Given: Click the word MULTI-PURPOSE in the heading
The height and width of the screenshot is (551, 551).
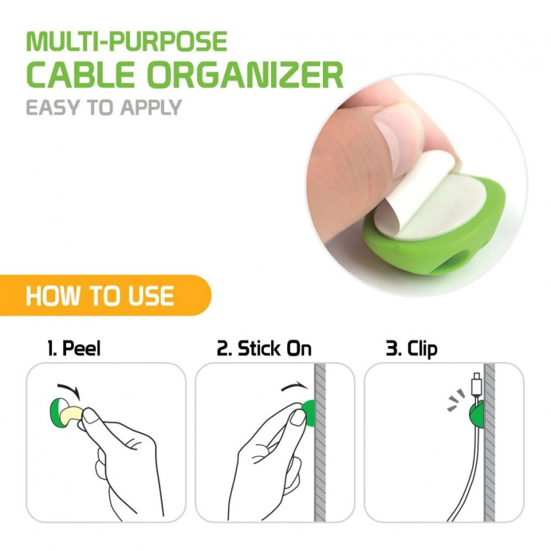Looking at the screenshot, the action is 126,42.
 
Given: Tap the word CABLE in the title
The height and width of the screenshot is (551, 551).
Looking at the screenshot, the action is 81,75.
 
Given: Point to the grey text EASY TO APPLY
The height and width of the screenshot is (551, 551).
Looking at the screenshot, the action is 104,107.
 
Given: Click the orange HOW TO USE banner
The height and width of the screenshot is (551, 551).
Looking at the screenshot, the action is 106,295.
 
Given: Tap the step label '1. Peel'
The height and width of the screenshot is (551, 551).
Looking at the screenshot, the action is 74,349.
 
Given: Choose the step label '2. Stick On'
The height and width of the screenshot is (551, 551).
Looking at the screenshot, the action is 264,349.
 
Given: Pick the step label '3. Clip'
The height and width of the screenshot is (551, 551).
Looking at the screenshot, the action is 411,349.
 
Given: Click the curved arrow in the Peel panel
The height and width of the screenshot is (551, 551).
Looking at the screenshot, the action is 69,388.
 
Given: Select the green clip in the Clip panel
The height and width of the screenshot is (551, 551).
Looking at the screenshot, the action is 477,415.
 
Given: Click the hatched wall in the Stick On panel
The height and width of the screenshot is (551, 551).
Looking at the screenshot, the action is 320,442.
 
